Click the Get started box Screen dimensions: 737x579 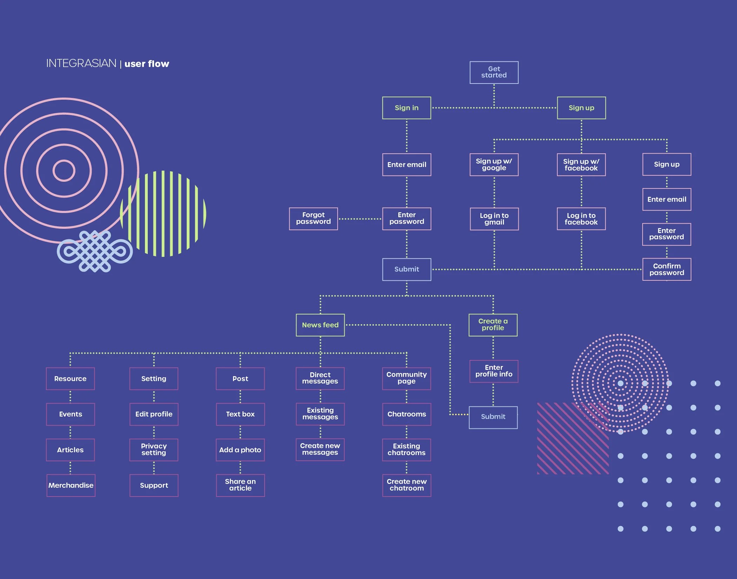pos(494,72)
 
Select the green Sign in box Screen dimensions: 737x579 pos(406,108)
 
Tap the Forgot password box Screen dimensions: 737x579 pos(313,219)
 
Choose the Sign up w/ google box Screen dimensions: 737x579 pos(494,165)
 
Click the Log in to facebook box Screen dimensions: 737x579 pos(581,219)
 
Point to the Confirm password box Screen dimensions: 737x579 pos(666,269)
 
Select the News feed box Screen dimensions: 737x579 pos(320,325)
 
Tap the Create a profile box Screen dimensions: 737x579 pos(493,325)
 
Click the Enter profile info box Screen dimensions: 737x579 pos(494,371)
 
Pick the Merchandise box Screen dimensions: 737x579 pos(71,485)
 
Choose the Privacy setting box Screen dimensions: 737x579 pos(154,450)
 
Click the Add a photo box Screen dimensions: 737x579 pos(240,450)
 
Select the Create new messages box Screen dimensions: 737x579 pos(320,449)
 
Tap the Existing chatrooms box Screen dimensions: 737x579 pos(406,450)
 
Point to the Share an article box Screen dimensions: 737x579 pos(240,485)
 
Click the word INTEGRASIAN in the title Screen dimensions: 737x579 pos(81,64)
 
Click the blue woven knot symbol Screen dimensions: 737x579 pos(95,251)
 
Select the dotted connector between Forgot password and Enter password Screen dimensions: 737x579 pos(360,219)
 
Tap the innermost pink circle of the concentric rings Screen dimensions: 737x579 pos(64,171)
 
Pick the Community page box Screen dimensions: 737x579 pos(406,378)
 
